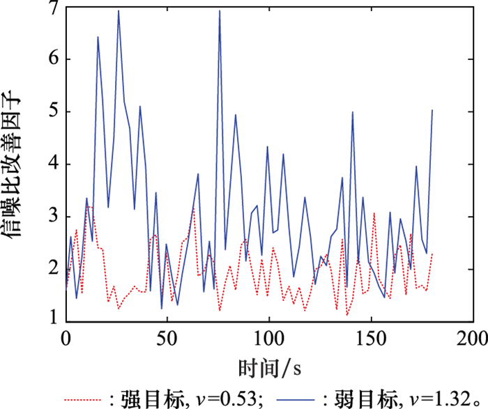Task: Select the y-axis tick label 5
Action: pos(52,113)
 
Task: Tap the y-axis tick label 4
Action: pos(52,165)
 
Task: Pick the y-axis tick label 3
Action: pos(52,217)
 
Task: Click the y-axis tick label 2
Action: pos(52,270)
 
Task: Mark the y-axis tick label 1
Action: pos(52,321)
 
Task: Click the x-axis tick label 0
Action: pos(66,339)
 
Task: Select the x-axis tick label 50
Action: pos(167,339)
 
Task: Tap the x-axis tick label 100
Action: pos(268,339)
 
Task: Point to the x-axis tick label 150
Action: pos(370,339)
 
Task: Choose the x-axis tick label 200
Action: pos(471,339)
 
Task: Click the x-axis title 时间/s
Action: pos(268,366)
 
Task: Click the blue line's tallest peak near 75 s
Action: pos(219,11)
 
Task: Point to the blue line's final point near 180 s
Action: pos(432,110)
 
